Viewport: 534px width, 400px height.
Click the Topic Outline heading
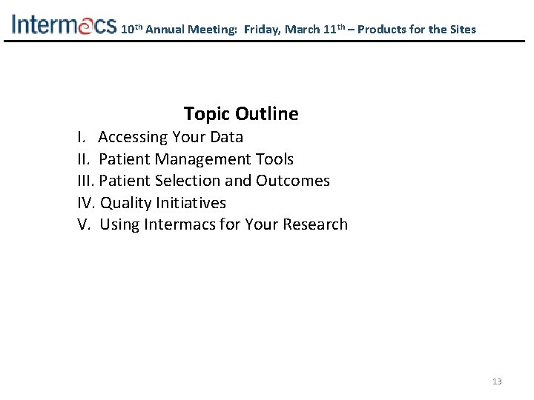click(241, 114)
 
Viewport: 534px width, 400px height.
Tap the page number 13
click(497, 381)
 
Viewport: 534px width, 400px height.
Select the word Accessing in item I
click(133, 137)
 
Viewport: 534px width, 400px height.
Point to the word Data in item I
click(226, 137)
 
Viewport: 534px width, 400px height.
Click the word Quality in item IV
click(126, 203)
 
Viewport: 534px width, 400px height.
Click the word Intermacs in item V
click(180, 224)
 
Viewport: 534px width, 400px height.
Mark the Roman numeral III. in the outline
click(86, 181)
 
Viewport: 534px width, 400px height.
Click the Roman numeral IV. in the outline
click(87, 203)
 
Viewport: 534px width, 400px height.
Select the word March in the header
click(303, 30)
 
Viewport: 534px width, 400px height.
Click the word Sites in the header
click(461, 30)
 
